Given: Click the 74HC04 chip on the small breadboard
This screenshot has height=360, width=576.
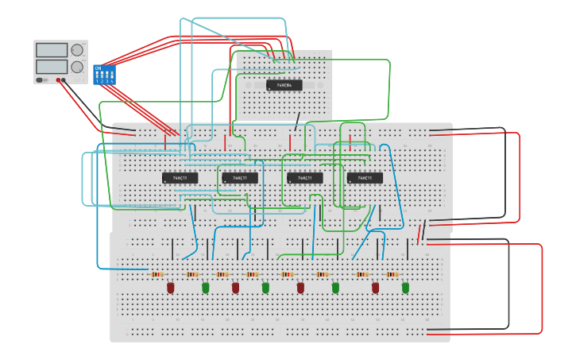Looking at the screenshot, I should (x=284, y=85).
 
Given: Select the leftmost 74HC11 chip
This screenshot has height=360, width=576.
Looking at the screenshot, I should (x=180, y=178).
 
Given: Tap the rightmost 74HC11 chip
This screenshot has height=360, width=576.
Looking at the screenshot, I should (x=365, y=178).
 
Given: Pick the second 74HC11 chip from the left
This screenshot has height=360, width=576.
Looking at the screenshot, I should (x=239, y=178).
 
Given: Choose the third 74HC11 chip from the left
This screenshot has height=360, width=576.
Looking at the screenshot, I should (x=304, y=178).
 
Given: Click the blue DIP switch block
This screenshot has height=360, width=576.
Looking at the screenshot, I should (x=104, y=75).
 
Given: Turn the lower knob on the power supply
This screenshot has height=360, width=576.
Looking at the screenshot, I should (x=77, y=67).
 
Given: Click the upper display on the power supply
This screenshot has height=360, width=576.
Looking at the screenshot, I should (x=52, y=50).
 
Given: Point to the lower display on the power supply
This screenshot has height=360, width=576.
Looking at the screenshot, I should (x=52, y=67).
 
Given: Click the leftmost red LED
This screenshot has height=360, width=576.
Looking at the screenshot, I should (x=170, y=287).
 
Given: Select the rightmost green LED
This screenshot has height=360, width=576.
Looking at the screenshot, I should (x=405, y=287).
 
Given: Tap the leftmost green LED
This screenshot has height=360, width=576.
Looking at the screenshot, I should (x=205, y=287).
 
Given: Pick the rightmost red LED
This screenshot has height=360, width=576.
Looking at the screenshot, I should (x=375, y=287).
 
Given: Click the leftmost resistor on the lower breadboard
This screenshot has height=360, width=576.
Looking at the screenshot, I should (x=157, y=274).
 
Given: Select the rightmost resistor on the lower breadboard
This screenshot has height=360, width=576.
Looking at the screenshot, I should (x=392, y=274).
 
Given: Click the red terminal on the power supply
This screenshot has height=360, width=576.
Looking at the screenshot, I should (x=59, y=80).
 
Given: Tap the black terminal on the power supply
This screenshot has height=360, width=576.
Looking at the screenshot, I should (x=64, y=80).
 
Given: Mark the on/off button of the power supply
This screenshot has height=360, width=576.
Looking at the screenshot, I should (x=39, y=80).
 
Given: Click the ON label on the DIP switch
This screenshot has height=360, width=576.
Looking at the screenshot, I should (x=98, y=68).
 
